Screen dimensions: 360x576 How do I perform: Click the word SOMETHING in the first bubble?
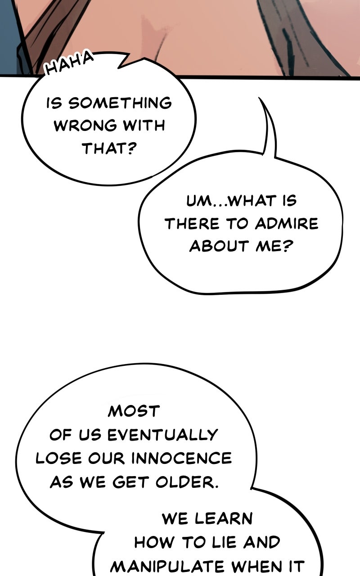(x=120, y=103)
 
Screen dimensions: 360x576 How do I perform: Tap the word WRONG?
(x=85, y=126)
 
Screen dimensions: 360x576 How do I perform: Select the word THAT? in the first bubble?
(x=109, y=148)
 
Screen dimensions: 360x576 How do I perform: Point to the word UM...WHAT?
(x=231, y=201)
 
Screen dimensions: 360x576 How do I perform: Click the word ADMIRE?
(x=287, y=224)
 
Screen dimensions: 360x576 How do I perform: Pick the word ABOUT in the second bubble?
(x=219, y=246)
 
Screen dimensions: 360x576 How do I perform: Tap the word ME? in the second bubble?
(x=274, y=246)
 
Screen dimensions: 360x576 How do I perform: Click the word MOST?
(x=134, y=411)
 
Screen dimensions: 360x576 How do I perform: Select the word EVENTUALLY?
(x=163, y=435)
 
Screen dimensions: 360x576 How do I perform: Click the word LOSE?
(x=58, y=458)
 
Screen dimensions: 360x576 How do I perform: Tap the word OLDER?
(x=187, y=481)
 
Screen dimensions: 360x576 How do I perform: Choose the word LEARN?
(x=224, y=518)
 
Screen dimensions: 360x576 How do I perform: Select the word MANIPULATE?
(x=167, y=566)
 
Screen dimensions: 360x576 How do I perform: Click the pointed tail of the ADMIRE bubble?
(x=259, y=98)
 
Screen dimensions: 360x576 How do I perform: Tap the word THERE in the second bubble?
(x=192, y=224)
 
